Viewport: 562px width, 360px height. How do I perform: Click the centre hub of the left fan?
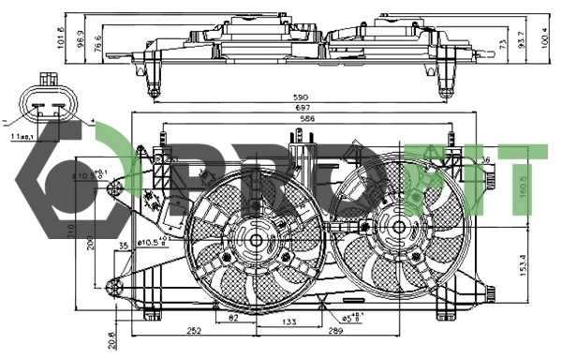click(x=255, y=240)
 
